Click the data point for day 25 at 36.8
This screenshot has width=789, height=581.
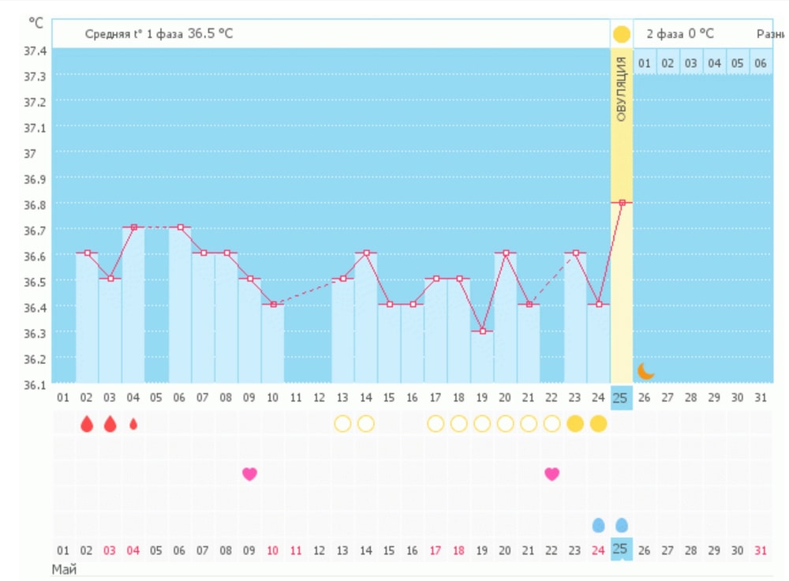click(622, 203)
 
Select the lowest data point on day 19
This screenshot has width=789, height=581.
click(482, 332)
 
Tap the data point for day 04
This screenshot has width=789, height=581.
click(133, 227)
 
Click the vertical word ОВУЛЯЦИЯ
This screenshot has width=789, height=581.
click(621, 89)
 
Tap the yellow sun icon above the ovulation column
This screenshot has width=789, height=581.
click(622, 35)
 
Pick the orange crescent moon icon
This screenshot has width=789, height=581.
click(646, 370)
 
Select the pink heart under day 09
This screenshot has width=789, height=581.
click(249, 474)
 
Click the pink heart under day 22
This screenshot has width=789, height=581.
click(552, 474)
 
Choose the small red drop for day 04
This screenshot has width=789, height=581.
click(133, 424)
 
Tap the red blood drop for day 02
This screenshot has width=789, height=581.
click(87, 424)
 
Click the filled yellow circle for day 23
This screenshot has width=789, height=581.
click(575, 424)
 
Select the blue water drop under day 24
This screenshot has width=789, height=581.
click(599, 525)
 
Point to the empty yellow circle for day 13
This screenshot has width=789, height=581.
click(342, 424)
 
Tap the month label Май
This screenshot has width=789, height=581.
click(64, 568)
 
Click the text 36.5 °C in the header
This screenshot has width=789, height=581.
click(210, 34)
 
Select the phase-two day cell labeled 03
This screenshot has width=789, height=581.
click(690, 63)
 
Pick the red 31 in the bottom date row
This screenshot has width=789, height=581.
click(761, 549)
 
